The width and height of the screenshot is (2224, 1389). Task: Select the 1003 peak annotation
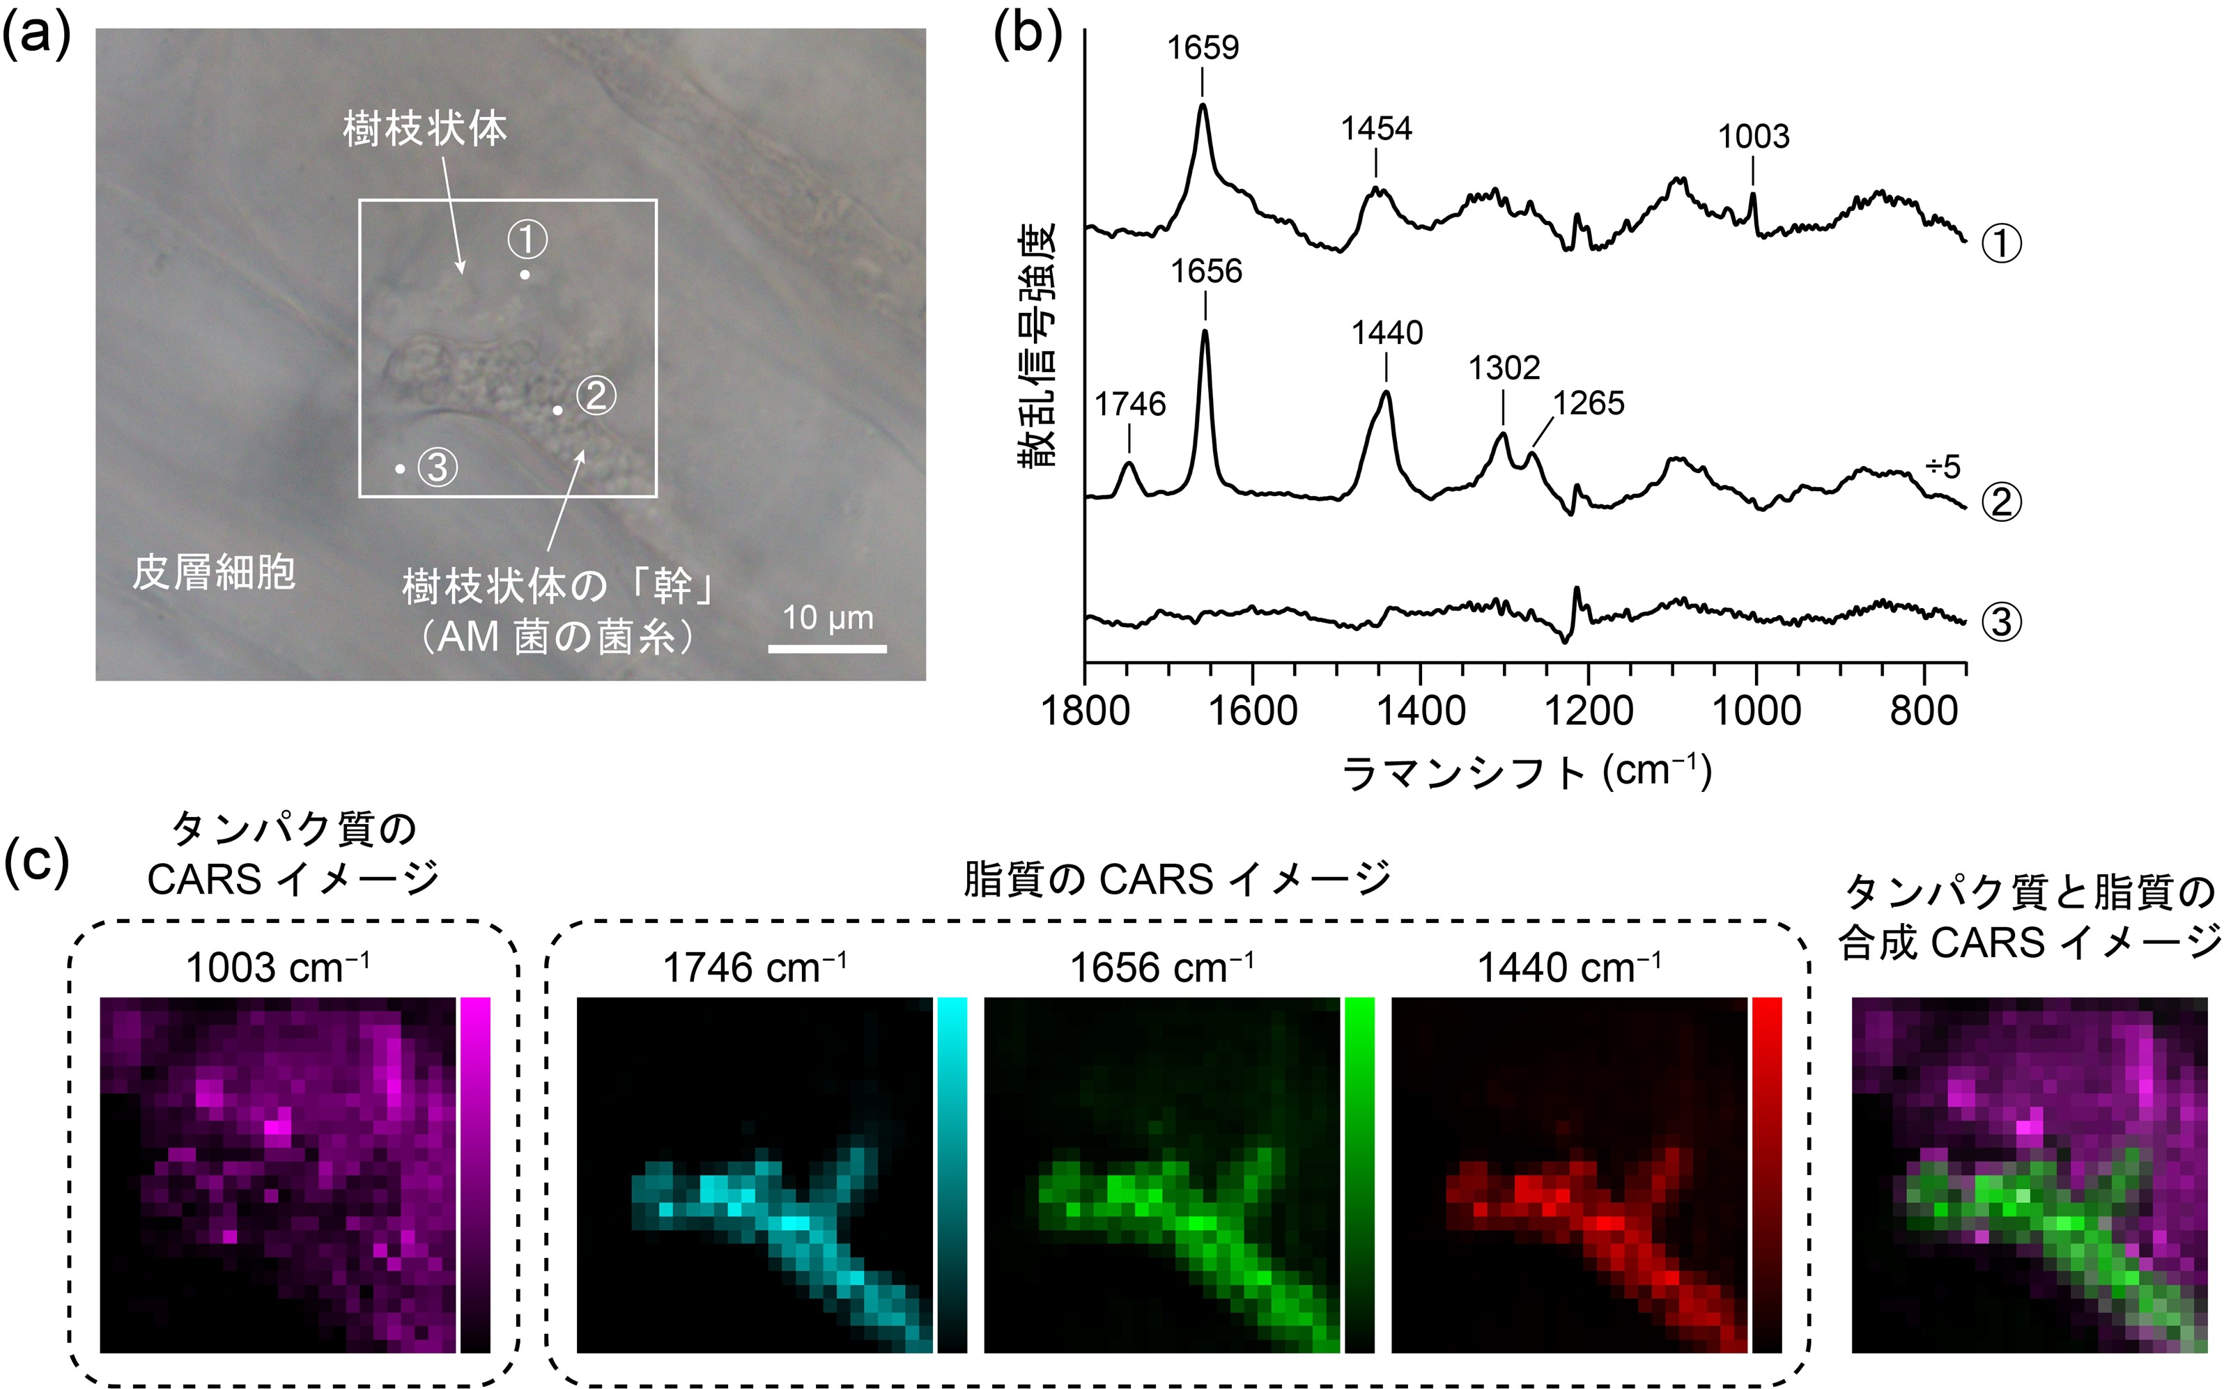[x=1754, y=137]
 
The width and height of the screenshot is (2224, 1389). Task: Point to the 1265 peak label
[x=1589, y=403]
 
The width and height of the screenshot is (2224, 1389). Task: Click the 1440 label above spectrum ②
[x=1387, y=332]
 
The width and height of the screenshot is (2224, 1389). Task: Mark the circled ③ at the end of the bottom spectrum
[x=2001, y=623]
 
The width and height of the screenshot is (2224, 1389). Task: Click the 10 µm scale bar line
[x=827, y=649]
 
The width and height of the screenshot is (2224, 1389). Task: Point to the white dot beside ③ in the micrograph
[x=400, y=470]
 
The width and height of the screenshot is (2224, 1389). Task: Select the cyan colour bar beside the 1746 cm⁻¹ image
[x=952, y=1175]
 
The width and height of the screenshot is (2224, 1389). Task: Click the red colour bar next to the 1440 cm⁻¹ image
[x=1766, y=1175]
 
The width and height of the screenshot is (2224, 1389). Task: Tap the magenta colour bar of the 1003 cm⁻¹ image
[x=475, y=1175]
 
